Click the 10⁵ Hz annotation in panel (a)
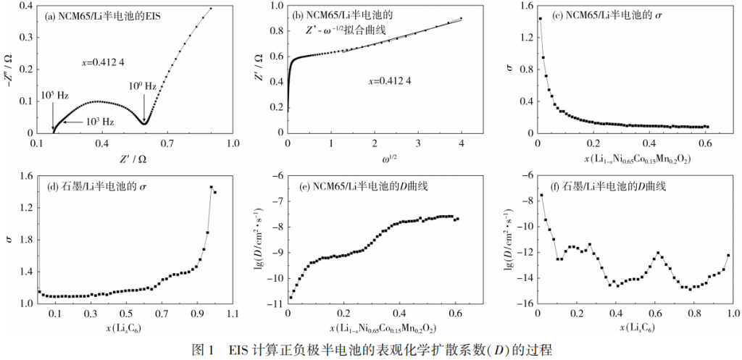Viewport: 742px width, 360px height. (55, 96)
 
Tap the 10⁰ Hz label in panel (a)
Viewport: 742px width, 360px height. (142, 86)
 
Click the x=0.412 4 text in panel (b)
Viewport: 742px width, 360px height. (391, 80)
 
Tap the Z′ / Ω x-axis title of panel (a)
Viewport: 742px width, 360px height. (135, 158)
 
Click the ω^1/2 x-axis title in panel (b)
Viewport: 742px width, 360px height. (375, 157)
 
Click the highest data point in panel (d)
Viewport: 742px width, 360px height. (211, 188)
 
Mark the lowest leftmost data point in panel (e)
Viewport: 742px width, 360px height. (291, 297)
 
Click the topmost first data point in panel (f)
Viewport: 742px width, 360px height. (541, 195)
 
